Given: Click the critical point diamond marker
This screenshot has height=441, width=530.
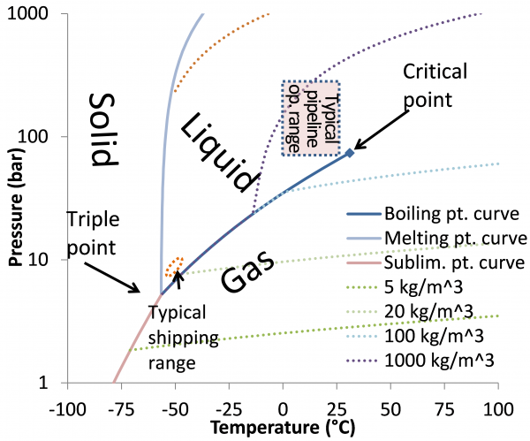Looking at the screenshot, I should pyautogui.click(x=349, y=153).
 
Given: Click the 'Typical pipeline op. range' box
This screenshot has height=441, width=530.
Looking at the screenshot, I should pyautogui.click(x=310, y=118).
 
